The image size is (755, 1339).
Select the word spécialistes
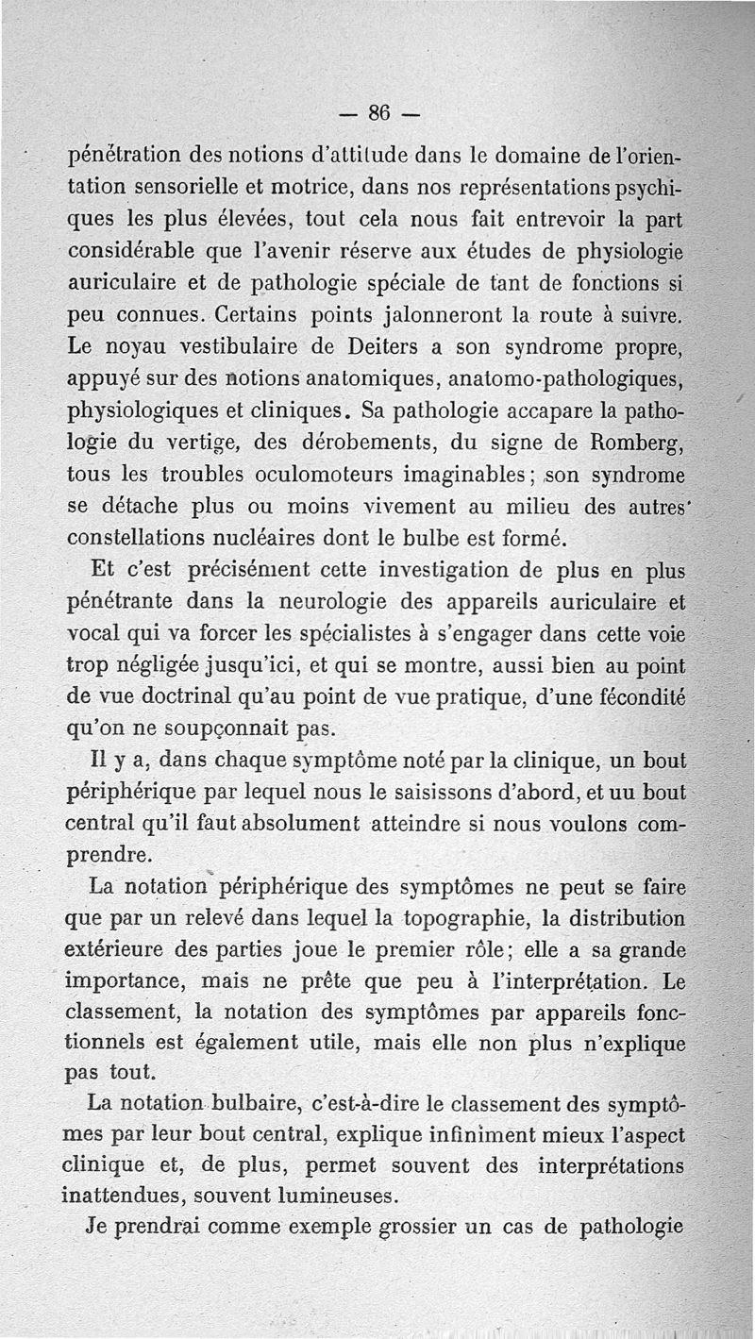416,633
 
